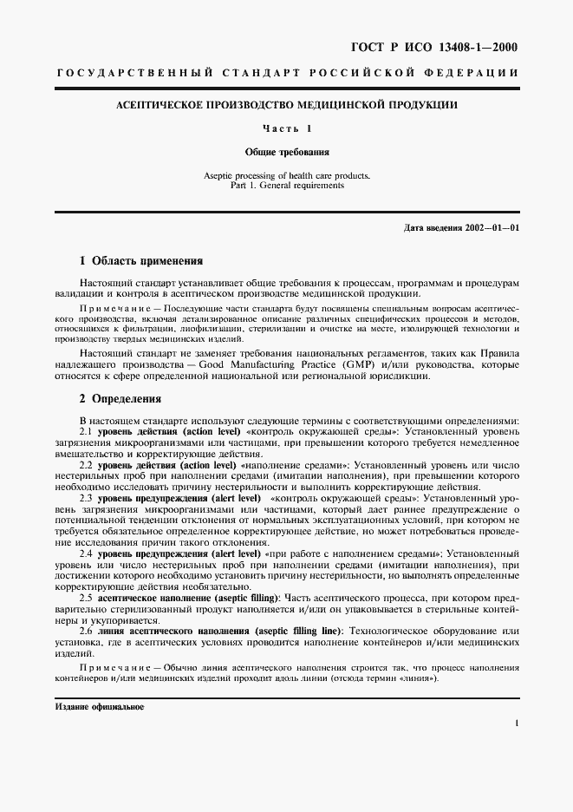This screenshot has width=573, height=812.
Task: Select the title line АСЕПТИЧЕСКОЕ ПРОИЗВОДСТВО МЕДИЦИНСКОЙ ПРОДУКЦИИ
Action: (x=287, y=105)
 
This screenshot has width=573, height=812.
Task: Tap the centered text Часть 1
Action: (x=287, y=128)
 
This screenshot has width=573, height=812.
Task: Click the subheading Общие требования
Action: (x=287, y=152)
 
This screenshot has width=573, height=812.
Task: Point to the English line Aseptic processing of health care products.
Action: (x=287, y=175)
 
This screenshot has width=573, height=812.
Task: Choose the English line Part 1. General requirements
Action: (x=287, y=185)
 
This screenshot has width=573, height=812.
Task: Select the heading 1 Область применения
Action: (x=140, y=260)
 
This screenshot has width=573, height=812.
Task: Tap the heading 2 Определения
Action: (x=120, y=400)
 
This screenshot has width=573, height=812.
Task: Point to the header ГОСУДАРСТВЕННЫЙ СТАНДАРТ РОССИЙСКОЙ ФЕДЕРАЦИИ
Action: (x=287, y=74)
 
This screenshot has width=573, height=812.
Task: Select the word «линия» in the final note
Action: (x=420, y=678)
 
